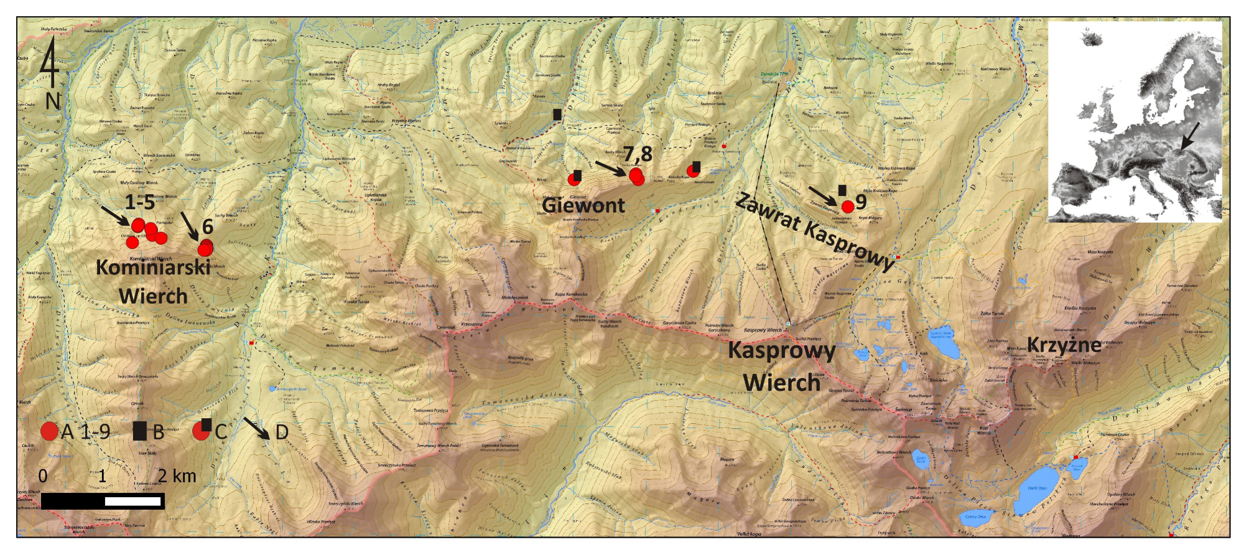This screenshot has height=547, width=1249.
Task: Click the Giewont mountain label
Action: pos(583,205)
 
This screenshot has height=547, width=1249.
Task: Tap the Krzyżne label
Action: pos(1064,344)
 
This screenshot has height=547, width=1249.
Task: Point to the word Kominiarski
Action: pos(153,267)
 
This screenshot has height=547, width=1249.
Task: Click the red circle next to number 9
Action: pos(847,207)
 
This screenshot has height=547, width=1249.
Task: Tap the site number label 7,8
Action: pos(638,153)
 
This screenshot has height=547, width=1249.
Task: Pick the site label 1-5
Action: pos(139,202)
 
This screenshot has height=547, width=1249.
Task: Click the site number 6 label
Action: pos(208,227)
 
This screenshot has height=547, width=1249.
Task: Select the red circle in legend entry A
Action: pos(49,431)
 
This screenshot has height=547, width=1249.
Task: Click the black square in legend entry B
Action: pos(140,431)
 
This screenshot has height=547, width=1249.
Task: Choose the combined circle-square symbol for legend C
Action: pos(202,429)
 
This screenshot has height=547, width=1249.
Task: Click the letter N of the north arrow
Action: pos(53,100)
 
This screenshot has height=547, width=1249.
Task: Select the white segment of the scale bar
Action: pos(132,501)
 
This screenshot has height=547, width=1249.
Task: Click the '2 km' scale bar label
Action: pos(177,476)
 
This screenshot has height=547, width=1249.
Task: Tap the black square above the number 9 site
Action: pos(842,190)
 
